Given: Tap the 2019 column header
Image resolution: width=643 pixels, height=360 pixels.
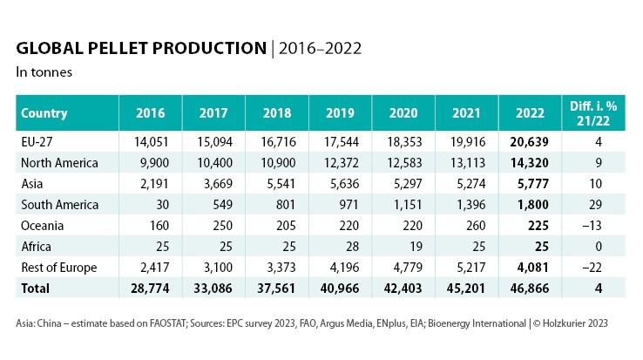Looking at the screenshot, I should (x=339, y=113).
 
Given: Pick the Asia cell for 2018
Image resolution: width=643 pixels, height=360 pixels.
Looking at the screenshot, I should (x=272, y=184).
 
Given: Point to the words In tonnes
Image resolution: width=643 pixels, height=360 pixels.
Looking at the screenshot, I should (x=44, y=72).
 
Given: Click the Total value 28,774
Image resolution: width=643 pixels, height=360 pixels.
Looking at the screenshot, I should (x=150, y=288).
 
